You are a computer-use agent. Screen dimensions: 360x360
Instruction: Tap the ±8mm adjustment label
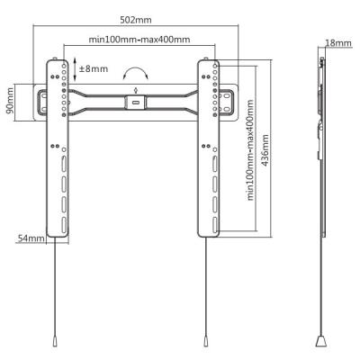(x=93, y=68)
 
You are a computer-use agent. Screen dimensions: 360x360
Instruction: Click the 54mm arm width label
(x=31, y=238)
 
